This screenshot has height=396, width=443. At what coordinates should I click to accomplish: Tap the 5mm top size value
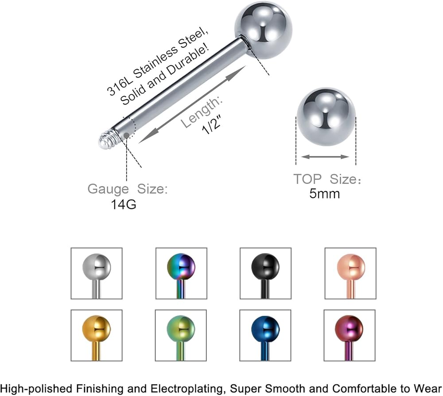tap(325, 193)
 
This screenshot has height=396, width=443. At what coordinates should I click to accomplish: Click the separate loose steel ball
tap(326, 116)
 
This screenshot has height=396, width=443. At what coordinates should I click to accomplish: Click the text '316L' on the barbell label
tap(117, 86)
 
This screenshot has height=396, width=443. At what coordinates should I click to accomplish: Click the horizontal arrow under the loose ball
tap(325, 156)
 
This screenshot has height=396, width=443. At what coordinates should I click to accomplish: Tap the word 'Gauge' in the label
tap(108, 189)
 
